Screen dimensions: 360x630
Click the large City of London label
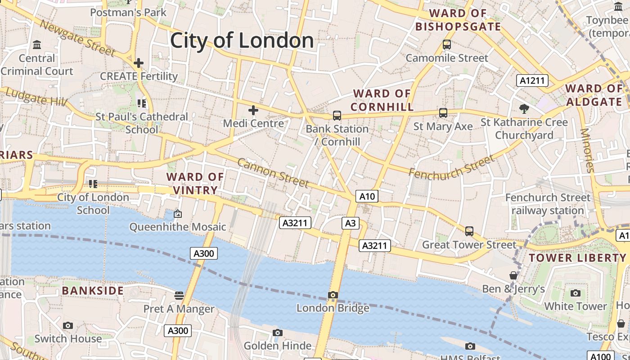(x=242, y=40)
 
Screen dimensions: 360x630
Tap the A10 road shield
(x=367, y=196)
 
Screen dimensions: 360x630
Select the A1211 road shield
(x=532, y=81)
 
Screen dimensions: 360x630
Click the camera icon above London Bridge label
(x=333, y=295)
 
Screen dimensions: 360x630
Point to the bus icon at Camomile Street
(x=446, y=45)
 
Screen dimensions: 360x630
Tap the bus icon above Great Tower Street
(x=469, y=231)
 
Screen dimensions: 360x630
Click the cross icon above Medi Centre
(x=253, y=110)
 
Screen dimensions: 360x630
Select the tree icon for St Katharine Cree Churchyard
(x=523, y=108)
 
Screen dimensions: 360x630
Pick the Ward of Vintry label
(x=195, y=183)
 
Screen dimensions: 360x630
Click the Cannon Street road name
(x=273, y=173)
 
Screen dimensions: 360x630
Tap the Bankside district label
(x=93, y=291)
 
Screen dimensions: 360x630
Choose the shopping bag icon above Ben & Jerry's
(x=513, y=275)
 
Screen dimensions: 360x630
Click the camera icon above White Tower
(x=575, y=293)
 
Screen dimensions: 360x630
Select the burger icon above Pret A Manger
(x=179, y=296)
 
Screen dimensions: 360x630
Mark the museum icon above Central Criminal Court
(x=37, y=45)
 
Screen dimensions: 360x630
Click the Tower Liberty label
(x=577, y=258)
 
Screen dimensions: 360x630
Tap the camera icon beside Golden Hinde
(x=278, y=333)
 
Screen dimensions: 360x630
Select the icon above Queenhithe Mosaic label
(x=178, y=214)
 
